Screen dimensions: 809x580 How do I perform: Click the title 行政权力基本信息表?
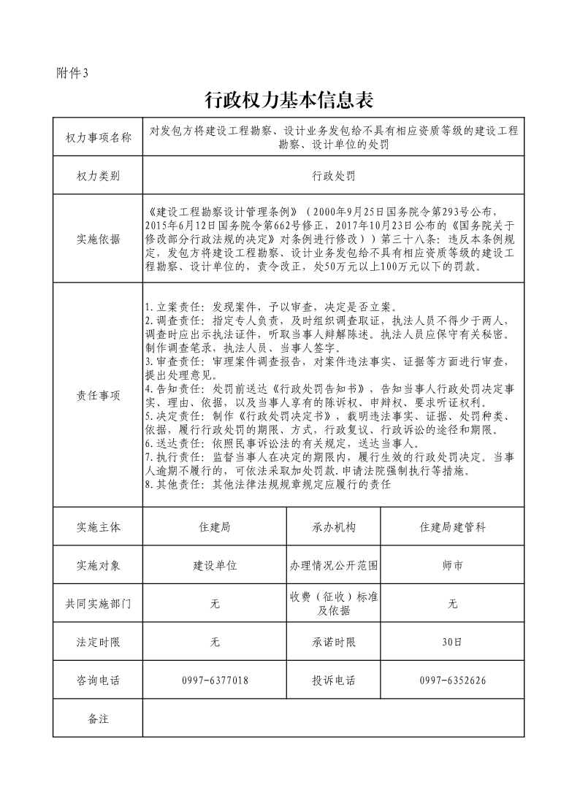290,99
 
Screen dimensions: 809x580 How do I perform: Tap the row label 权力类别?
98,176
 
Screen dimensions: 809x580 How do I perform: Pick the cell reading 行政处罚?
333,176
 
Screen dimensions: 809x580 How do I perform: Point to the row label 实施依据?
98,239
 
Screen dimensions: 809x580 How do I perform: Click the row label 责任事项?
98,395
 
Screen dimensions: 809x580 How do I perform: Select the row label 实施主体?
98,526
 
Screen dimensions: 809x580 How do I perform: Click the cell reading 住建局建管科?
452,526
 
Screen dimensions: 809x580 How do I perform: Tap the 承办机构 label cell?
334,526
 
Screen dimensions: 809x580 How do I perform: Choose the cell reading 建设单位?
215,565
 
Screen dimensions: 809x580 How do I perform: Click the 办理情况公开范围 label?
334,565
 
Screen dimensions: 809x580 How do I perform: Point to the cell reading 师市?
452,565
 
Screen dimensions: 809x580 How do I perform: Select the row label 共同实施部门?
98,604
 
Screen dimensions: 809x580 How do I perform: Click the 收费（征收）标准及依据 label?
334,604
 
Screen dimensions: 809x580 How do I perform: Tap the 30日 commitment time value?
452,643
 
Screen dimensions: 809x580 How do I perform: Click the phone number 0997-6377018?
215,680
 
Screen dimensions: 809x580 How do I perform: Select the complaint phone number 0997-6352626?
452,680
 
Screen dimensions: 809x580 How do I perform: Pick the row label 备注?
98,718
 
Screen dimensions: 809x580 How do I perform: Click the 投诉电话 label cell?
334,680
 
